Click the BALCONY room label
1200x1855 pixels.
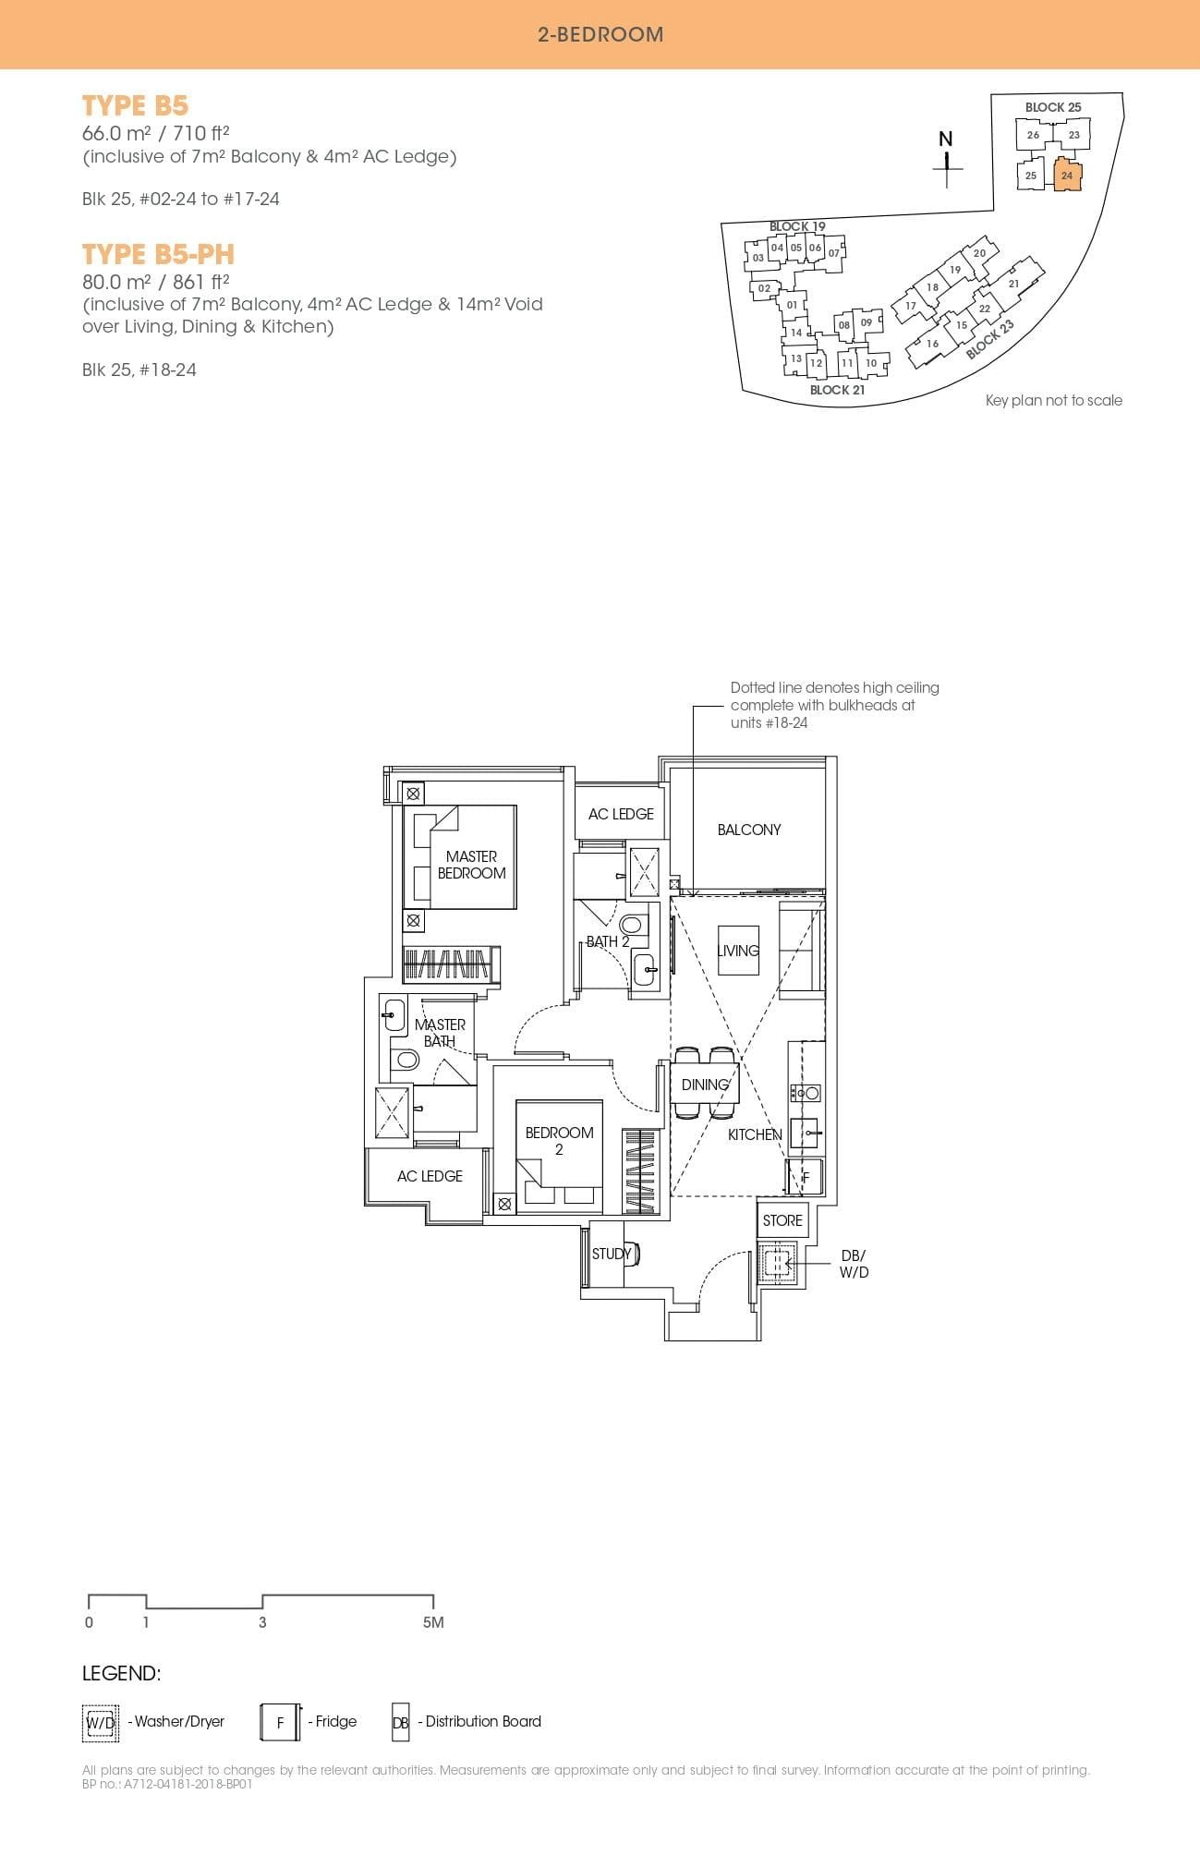[x=748, y=830]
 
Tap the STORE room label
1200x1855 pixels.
[x=782, y=1220]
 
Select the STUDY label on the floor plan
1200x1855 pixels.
[x=611, y=1254]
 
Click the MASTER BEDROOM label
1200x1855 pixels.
[x=471, y=865]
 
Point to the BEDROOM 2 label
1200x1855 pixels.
[x=559, y=1140]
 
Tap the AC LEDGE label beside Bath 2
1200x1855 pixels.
[x=621, y=814]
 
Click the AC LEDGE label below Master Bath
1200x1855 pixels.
[x=430, y=1176]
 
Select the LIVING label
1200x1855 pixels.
[x=737, y=951]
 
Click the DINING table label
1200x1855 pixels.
[x=705, y=1085]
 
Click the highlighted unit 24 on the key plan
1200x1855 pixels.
[x=1067, y=176]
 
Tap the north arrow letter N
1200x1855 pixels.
[x=945, y=139]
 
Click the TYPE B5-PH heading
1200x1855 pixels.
[x=158, y=254]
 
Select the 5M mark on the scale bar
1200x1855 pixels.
[x=433, y=1622]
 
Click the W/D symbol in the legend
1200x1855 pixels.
[x=100, y=1722]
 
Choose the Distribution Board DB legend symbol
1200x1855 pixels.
[x=400, y=1722]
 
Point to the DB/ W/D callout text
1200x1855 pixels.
[x=854, y=1264]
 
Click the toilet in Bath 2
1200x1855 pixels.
[x=632, y=925]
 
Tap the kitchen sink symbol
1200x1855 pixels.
[x=805, y=1133]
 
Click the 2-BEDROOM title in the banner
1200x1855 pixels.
[x=600, y=34]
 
